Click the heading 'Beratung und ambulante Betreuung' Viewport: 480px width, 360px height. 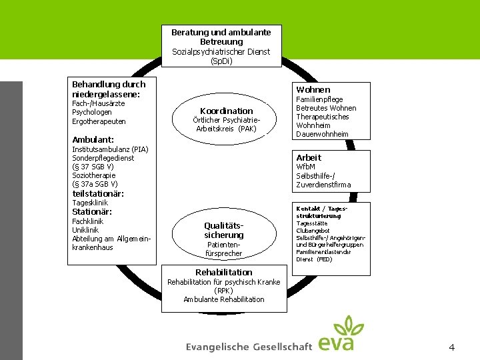pyautogui.click(x=221, y=37)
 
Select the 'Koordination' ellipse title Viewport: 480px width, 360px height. pyautogui.click(x=227, y=111)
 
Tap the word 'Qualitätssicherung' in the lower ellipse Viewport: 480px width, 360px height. pyautogui.click(x=224, y=230)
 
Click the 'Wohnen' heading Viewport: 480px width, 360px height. pyautogui.click(x=313, y=89)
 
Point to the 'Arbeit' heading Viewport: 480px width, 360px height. pyautogui.click(x=309, y=157)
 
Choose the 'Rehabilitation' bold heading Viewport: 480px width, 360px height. pyautogui.click(x=223, y=272)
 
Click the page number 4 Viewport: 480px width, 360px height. pyautogui.click(x=452, y=347)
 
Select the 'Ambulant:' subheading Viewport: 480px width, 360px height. pyautogui.click(x=93, y=139)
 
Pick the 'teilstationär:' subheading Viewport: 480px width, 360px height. pyautogui.click(x=98, y=193)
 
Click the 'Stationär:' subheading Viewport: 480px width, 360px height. pyautogui.click(x=92, y=211)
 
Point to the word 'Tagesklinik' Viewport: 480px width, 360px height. pyautogui.click(x=90, y=203)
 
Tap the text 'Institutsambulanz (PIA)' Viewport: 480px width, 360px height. pyautogui.click(x=110, y=149)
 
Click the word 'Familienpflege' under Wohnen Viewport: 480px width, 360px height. pyautogui.click(x=320, y=99)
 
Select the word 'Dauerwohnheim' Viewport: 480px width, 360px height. pyautogui.click(x=322, y=134)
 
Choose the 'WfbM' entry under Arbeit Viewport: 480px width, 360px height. pyautogui.click(x=305, y=167)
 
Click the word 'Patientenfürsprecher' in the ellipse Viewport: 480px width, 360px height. pyautogui.click(x=223, y=249)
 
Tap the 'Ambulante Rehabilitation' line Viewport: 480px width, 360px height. pyautogui.click(x=223, y=299)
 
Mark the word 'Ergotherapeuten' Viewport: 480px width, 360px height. pyautogui.click(x=99, y=121)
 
